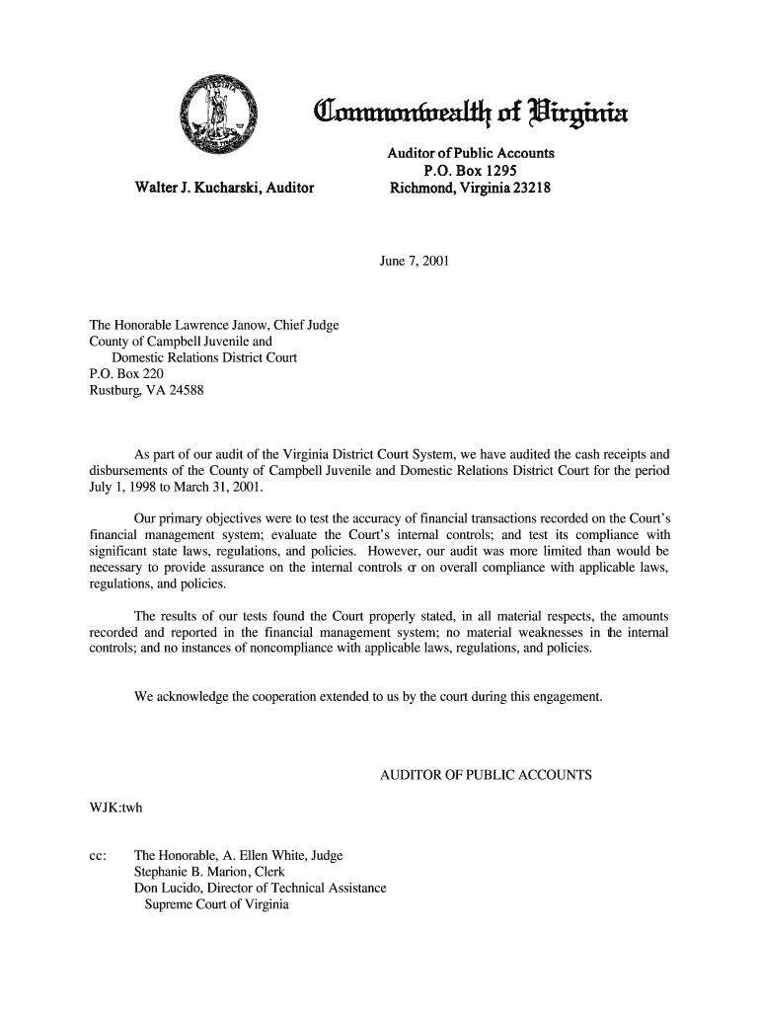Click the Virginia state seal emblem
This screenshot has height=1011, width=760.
click(x=216, y=117)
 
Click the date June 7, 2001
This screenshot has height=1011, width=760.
click(x=415, y=262)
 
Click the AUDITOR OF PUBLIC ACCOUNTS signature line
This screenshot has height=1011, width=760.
click(x=486, y=774)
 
